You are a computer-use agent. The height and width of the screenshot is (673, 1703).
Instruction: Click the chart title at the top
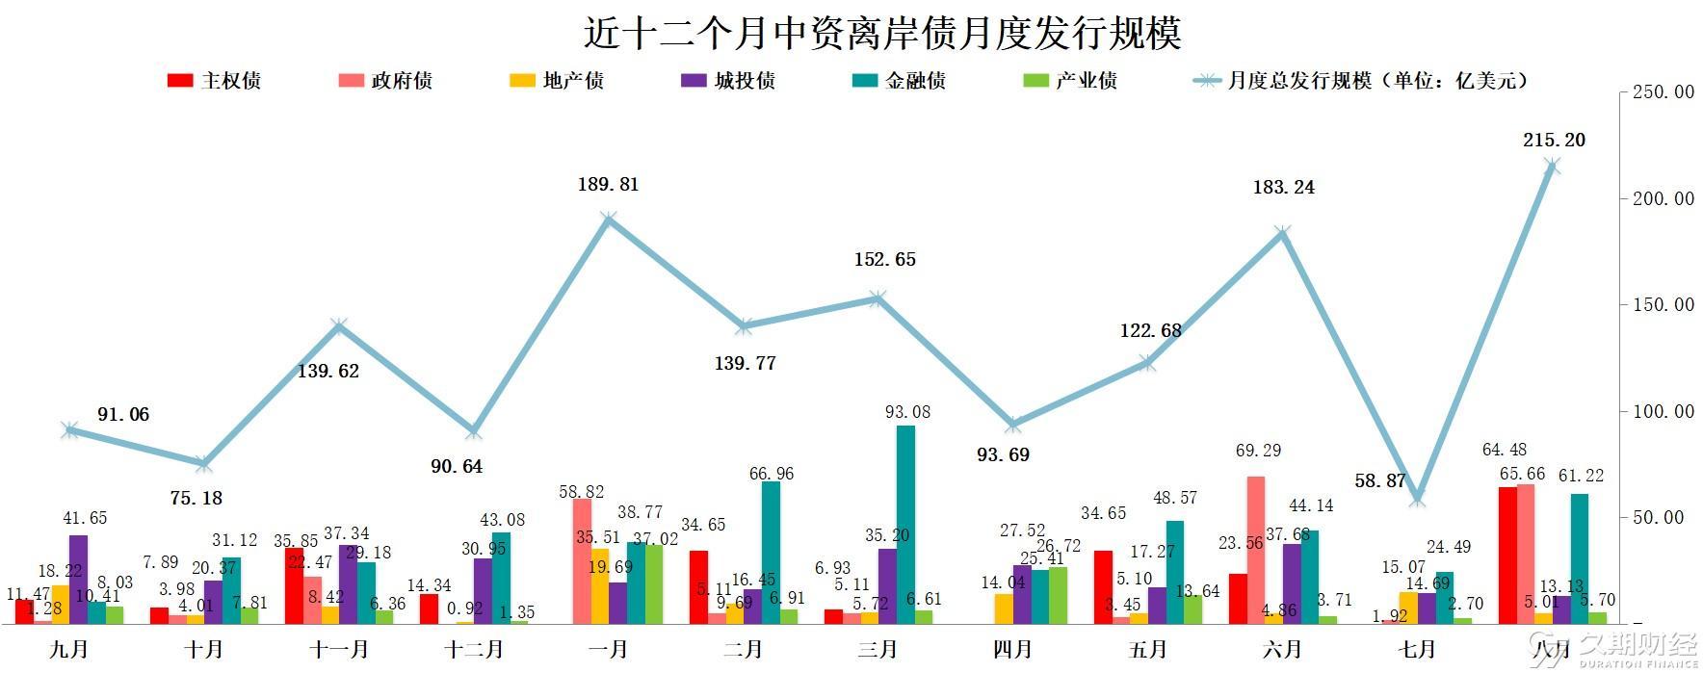point(882,34)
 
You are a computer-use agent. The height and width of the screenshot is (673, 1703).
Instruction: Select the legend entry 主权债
point(214,81)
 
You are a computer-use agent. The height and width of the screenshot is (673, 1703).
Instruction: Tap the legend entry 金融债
point(899,81)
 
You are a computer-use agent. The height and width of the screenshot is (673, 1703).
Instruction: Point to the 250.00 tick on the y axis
point(1663,92)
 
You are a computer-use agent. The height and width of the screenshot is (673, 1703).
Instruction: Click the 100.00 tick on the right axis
point(1663,411)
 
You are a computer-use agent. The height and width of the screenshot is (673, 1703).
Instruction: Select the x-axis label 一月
point(608,650)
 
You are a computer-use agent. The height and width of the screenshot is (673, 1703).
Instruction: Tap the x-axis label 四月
point(1012,650)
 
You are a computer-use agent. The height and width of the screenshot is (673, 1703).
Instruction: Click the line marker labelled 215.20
point(1552,167)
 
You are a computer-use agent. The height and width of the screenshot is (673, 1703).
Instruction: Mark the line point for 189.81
point(608,220)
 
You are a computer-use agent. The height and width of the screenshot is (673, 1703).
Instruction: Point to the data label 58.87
point(1380,480)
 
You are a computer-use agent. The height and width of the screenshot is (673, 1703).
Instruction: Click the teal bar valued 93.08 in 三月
point(905,525)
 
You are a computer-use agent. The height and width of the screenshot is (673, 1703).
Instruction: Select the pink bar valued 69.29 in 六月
point(1256,550)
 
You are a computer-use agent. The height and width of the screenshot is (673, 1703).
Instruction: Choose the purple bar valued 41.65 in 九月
point(78,580)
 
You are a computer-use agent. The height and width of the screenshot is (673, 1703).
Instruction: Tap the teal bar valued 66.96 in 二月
point(771,553)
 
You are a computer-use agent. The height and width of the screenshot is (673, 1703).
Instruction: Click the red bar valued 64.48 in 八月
point(1507,556)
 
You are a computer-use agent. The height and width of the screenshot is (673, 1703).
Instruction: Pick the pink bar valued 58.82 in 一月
point(582,561)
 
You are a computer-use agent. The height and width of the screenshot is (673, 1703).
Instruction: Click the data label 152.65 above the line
point(884,259)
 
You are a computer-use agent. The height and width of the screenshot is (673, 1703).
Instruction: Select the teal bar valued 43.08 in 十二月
point(501,578)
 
